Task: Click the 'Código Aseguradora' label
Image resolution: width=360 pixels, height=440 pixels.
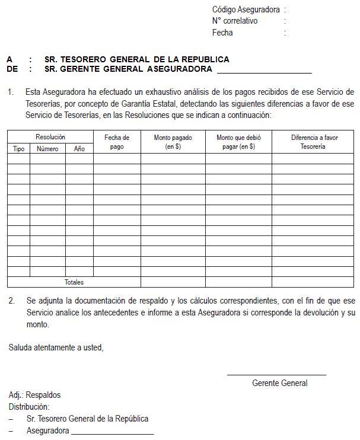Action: click(x=246, y=9)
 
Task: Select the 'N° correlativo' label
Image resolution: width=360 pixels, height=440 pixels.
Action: click(x=235, y=21)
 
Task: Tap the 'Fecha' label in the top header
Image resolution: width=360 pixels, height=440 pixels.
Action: click(x=222, y=33)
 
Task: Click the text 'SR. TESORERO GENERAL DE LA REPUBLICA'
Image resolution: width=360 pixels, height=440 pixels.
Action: click(x=136, y=59)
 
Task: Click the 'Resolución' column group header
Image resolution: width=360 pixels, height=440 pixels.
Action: click(x=50, y=137)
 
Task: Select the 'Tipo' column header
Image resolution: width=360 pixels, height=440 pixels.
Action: click(x=19, y=149)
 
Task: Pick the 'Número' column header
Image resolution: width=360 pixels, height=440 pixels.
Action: click(x=47, y=149)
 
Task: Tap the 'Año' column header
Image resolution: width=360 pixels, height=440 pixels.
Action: click(x=79, y=149)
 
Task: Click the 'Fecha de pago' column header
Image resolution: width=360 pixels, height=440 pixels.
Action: click(x=117, y=142)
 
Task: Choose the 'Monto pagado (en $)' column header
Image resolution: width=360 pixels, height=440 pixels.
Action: click(x=173, y=142)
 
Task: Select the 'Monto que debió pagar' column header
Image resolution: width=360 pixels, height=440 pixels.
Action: click(x=238, y=142)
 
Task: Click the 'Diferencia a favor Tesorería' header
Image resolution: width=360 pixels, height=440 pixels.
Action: click(x=313, y=142)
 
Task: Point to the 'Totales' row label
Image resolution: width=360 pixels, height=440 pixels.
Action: click(x=74, y=282)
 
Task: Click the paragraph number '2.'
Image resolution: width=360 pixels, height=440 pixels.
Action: click(x=12, y=301)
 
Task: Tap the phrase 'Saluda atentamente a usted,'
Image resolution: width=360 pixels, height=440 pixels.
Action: click(x=56, y=347)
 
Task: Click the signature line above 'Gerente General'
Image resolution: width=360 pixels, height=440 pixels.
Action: click(x=276, y=375)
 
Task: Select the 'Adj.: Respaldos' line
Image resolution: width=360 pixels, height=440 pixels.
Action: click(x=34, y=395)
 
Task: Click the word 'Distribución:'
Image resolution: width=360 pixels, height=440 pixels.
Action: click(x=29, y=407)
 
